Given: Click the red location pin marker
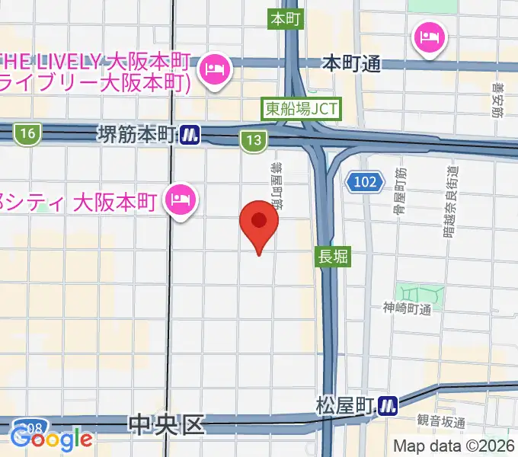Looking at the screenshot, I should point(259,223).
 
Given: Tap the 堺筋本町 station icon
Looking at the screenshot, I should point(190,135).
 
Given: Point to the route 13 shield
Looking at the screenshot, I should point(254,139).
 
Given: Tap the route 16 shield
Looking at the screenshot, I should point(28,134).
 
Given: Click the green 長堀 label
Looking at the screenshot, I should point(332,258).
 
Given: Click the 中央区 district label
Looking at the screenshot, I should point(167,423).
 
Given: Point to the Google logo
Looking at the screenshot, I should point(51,439).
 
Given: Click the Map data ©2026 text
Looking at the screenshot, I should point(455,446).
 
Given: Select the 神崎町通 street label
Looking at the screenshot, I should point(408,308).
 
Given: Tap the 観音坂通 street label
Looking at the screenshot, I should point(440,420).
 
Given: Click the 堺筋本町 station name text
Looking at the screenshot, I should point(138,135).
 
